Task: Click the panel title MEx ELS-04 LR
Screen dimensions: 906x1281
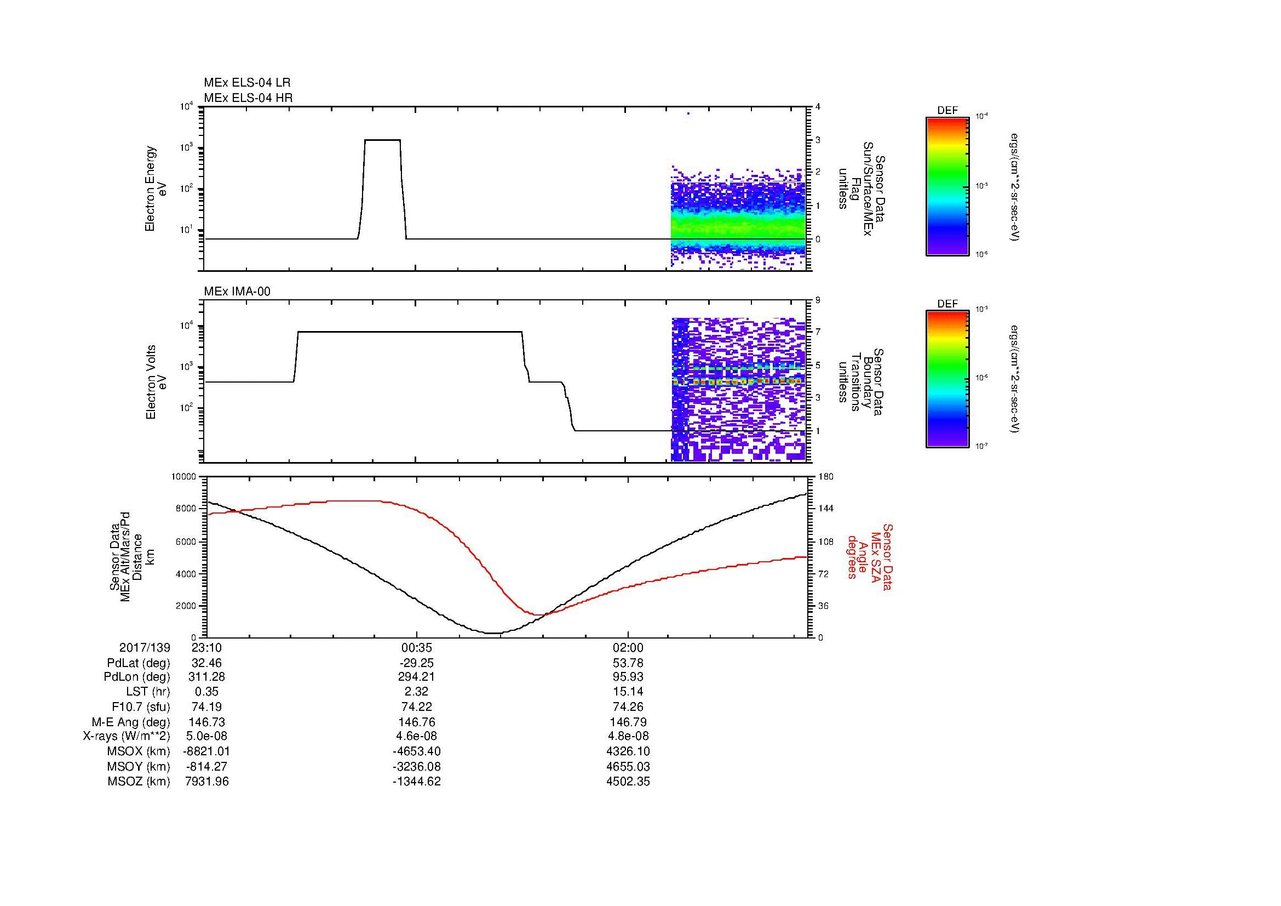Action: pyautogui.click(x=246, y=83)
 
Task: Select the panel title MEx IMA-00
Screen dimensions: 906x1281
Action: pyautogui.click(x=237, y=292)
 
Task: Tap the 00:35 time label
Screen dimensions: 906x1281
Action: pyautogui.click(x=416, y=647)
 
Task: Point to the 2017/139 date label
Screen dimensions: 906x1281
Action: pyautogui.click(x=145, y=647)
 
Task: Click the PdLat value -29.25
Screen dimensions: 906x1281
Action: pyautogui.click(x=416, y=663)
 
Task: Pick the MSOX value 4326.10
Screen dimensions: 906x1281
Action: pyautogui.click(x=628, y=751)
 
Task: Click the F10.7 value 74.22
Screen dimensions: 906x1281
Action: pyautogui.click(x=416, y=706)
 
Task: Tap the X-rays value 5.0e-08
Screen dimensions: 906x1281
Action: pyautogui.click(x=206, y=736)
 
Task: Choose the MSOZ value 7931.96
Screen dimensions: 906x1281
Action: pyautogui.click(x=206, y=781)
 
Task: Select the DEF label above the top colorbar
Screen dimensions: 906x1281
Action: pyautogui.click(x=947, y=111)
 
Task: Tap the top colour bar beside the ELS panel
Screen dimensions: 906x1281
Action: pyautogui.click(x=947, y=186)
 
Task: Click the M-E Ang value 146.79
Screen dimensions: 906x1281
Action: pyautogui.click(x=628, y=722)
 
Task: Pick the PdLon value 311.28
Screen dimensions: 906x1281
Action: pyautogui.click(x=206, y=677)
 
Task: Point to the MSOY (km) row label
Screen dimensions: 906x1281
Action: pyautogui.click(x=139, y=766)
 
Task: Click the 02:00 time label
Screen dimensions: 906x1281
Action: pyautogui.click(x=628, y=647)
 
